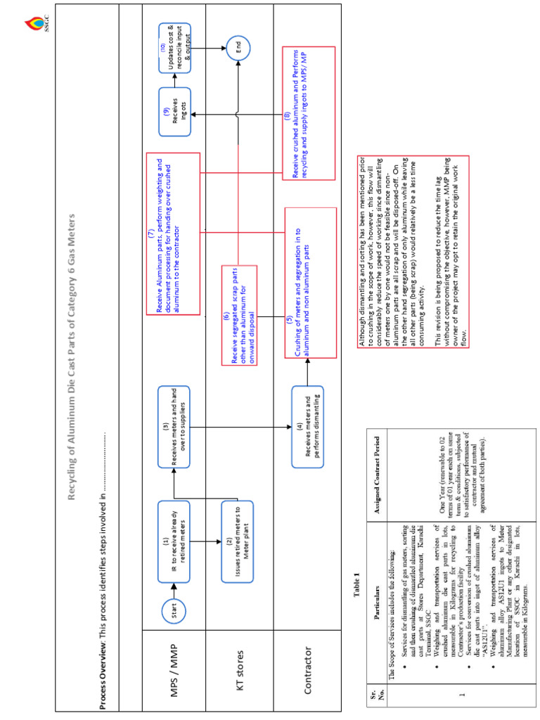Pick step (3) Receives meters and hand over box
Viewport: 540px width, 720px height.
point(174,426)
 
